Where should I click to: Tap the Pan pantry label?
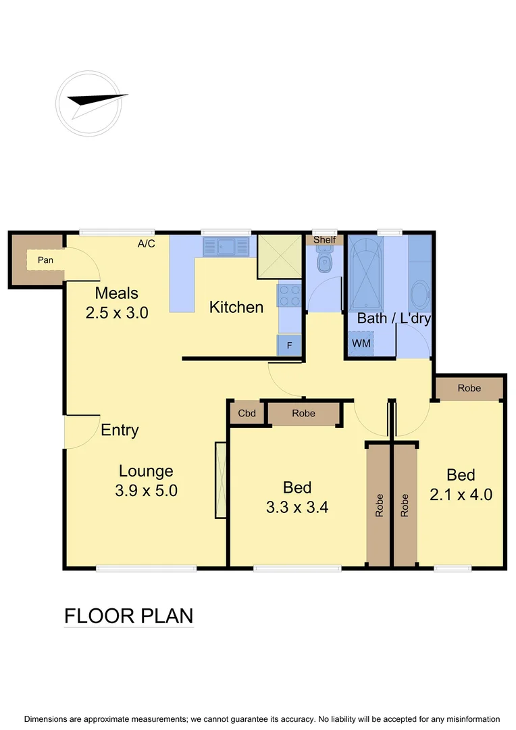(x=45, y=260)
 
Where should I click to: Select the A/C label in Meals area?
(x=147, y=244)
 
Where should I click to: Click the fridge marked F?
(x=290, y=345)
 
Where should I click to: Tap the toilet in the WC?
(x=325, y=262)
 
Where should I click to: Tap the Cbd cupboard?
(x=247, y=414)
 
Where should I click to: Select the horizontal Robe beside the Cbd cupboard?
(x=304, y=414)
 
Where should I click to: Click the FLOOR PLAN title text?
(x=128, y=616)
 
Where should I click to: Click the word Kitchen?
(x=236, y=308)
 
